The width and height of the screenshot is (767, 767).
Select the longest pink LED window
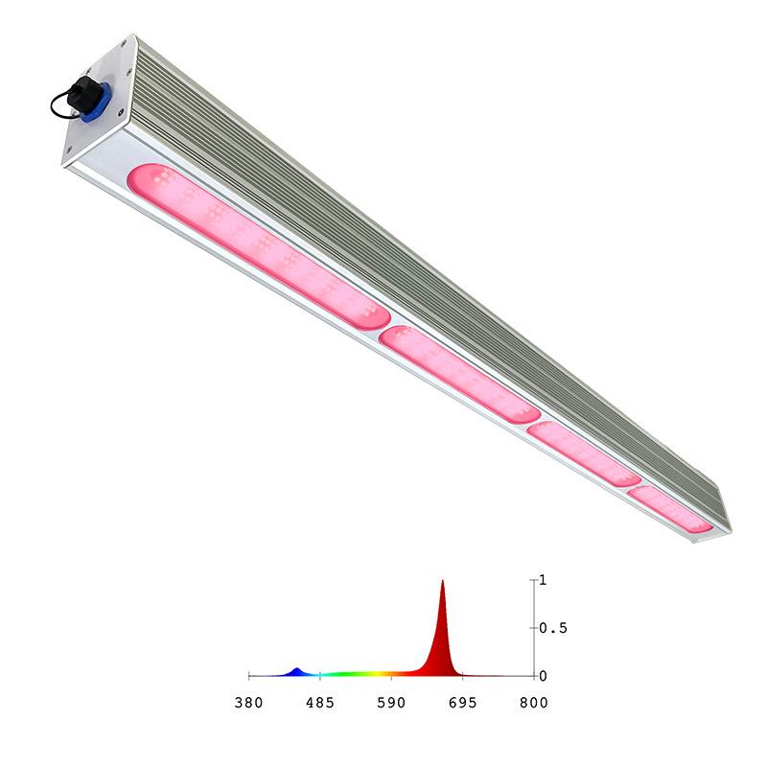(258, 246)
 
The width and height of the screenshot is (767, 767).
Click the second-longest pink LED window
(460, 374)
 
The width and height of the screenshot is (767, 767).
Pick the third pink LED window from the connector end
(584, 453)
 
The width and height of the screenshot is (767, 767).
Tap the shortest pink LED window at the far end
(670, 510)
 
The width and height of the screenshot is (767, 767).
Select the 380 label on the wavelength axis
(249, 703)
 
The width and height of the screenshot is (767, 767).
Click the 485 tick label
(320, 703)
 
